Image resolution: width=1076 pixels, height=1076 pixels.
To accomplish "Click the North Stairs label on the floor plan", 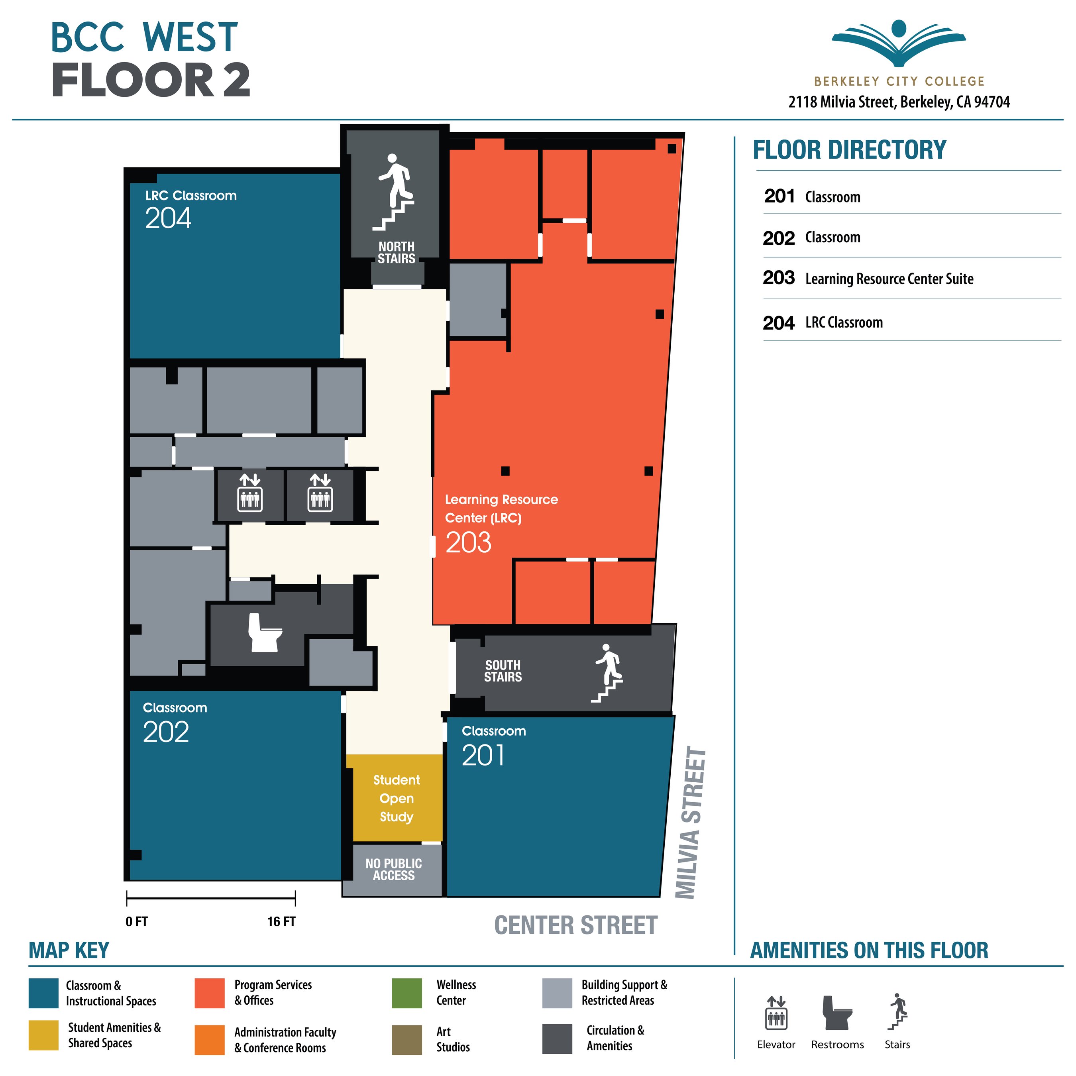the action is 396,252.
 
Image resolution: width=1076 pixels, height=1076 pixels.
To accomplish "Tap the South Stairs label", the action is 503,671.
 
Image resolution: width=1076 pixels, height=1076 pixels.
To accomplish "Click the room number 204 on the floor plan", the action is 168,218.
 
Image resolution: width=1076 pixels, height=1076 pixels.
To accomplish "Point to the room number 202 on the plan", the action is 165,732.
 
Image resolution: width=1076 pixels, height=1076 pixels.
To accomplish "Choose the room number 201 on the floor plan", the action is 483,756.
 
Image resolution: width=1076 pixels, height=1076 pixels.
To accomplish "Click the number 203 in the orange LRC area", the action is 468,542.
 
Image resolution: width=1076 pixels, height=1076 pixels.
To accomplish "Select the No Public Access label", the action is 393,870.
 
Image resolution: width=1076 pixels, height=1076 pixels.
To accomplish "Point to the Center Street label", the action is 575,926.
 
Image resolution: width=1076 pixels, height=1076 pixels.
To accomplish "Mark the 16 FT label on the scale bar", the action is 281,922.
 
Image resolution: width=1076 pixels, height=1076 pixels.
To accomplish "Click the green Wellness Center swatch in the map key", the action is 407,993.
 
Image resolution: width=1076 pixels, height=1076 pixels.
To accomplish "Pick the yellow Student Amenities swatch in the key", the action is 43,1035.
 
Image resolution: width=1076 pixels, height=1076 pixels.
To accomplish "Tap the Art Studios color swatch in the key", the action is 407,1040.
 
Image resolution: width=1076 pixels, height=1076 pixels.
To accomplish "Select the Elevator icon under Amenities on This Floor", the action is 776,1013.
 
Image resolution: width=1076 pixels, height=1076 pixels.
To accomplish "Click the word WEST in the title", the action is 190,38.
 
